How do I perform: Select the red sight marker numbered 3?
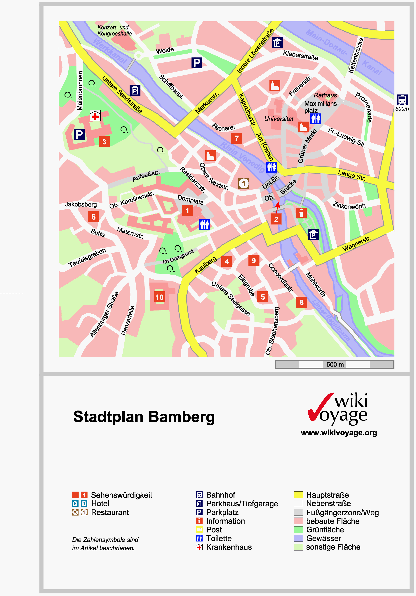(x=104, y=142)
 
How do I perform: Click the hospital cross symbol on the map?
(x=95, y=116)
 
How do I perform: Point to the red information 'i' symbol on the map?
(x=301, y=213)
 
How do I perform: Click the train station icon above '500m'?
(x=402, y=100)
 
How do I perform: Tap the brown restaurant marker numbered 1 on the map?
(x=243, y=183)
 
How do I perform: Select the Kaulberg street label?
(x=205, y=265)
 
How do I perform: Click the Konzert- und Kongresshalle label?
(x=114, y=31)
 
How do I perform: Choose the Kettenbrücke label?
(x=356, y=55)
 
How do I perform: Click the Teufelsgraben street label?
(x=87, y=257)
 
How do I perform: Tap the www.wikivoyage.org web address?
(x=339, y=433)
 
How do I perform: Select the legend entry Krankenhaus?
(x=229, y=547)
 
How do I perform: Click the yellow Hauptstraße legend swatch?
(x=298, y=495)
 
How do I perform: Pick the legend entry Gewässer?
(x=323, y=538)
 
